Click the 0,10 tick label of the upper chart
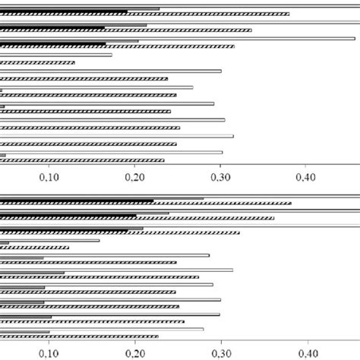[49, 177]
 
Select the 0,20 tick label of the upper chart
[134, 177]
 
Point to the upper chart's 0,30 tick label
[220, 177]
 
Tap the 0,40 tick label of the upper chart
[305, 177]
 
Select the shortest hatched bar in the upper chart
[38, 62]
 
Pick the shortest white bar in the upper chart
[56, 55]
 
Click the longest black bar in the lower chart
[76, 201]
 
